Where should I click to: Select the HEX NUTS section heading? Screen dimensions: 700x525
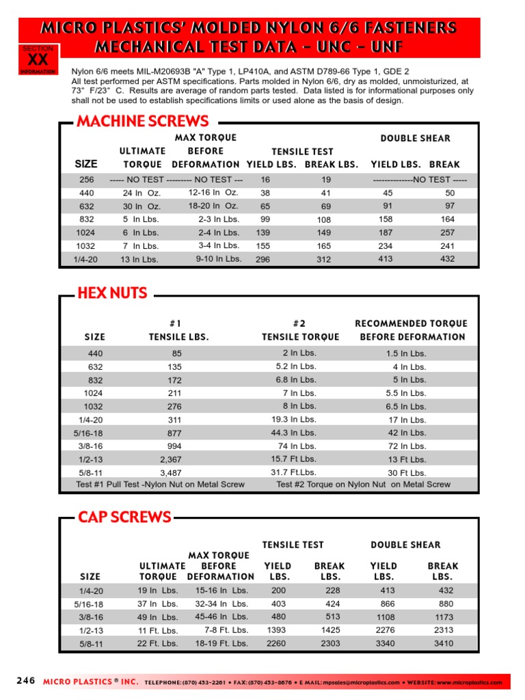click(112, 293)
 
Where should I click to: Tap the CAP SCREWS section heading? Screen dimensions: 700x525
click(124, 517)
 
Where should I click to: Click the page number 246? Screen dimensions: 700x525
click(25, 682)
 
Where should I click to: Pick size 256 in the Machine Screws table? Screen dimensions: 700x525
click(87, 180)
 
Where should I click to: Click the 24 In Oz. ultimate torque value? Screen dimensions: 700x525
click(142, 193)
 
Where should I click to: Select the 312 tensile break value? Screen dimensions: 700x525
click(323, 260)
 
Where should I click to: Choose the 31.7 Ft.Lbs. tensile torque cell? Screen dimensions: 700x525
click(295, 472)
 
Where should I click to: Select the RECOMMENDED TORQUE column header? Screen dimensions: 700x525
click(412, 323)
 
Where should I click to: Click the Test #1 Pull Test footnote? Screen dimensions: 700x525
click(160, 485)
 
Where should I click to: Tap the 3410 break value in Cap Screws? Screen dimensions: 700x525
click(443, 643)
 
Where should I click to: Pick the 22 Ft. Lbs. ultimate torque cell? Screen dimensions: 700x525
click(158, 643)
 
